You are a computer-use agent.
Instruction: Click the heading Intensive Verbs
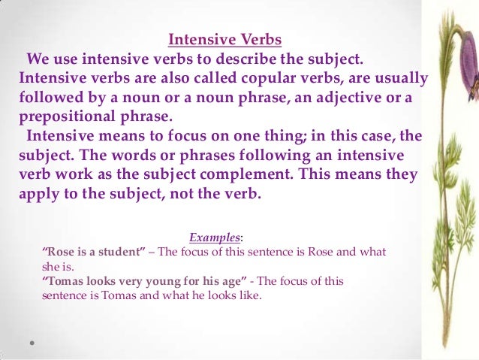(x=224, y=39)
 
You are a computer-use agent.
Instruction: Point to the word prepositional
(x=68, y=117)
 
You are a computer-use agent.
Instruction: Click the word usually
(x=395, y=78)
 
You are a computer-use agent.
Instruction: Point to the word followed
(x=51, y=98)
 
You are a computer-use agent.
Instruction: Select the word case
(x=353, y=137)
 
